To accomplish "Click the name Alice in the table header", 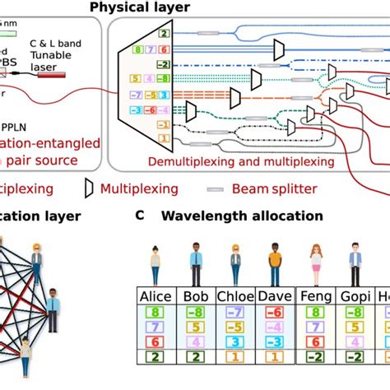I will click(156, 297).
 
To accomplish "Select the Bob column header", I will click(196, 297).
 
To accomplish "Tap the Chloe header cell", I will click(235, 297).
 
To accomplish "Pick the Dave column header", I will click(275, 297).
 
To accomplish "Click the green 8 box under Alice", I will click(156, 313).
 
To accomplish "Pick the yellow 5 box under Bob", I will click(196, 327).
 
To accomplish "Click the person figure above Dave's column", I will click(275, 263).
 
